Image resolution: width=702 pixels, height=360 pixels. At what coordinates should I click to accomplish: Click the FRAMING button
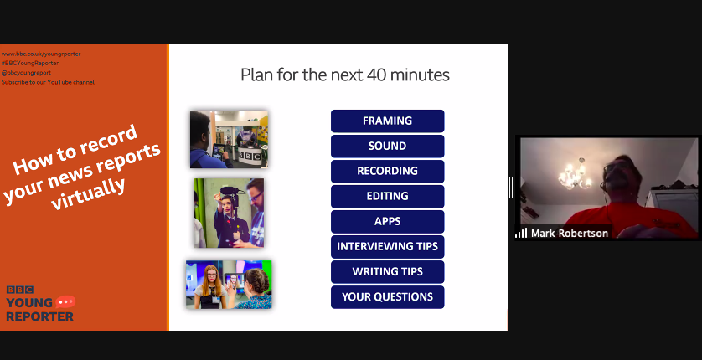[387, 121]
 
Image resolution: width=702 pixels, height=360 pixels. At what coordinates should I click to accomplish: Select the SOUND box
[387, 146]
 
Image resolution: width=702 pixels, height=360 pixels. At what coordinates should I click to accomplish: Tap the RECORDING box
[387, 171]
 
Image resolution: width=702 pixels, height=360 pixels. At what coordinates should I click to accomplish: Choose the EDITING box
[387, 196]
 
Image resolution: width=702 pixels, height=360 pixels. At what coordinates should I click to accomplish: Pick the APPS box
[387, 221]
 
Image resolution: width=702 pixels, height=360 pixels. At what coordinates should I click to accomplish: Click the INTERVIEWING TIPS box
[387, 246]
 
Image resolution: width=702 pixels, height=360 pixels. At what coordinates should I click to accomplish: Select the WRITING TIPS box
[387, 271]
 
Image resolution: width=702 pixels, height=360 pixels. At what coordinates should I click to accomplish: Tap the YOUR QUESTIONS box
[387, 296]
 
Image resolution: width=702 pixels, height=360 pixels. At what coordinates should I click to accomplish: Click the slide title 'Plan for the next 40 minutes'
[345, 75]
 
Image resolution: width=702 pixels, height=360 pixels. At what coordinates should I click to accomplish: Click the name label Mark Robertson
[570, 233]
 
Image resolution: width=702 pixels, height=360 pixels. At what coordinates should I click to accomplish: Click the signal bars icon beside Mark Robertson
[521, 233]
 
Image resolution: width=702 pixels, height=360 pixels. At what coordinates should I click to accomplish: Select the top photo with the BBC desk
[229, 139]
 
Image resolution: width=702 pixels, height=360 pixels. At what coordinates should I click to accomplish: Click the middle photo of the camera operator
[229, 212]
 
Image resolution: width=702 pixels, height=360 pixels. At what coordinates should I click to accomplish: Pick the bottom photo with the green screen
[229, 284]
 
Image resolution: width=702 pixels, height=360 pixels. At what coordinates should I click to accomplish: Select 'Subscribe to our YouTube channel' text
[48, 82]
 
